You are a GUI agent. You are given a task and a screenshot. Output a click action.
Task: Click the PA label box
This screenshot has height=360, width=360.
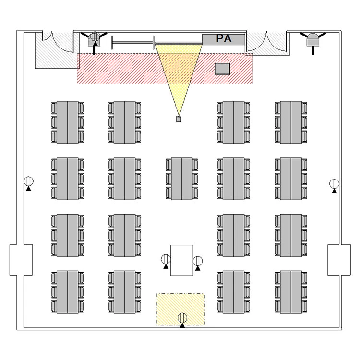(224, 39)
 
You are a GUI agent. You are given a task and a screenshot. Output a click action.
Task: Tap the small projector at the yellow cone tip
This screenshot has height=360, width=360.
(179, 119)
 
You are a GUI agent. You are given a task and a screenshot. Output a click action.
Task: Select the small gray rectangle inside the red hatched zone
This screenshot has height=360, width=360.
(222, 69)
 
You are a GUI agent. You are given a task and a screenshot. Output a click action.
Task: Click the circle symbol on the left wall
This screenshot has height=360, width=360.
(29, 181)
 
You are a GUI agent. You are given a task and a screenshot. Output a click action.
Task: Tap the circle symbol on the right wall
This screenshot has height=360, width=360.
(334, 184)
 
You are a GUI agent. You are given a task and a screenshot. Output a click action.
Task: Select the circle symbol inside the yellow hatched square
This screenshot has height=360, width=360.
(182, 317)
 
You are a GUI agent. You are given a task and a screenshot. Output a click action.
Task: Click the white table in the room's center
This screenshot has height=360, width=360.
(182, 260)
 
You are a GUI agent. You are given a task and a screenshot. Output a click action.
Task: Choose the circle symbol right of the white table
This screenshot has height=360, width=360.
(198, 261)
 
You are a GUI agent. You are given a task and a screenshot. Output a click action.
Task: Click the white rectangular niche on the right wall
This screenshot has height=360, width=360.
(339, 260)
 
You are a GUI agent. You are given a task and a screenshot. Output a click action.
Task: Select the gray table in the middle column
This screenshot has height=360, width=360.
(182, 178)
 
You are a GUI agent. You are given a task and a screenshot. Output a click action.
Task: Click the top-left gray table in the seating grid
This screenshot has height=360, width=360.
(67, 122)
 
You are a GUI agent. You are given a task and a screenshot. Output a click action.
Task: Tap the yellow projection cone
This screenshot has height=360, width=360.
(179, 72)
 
